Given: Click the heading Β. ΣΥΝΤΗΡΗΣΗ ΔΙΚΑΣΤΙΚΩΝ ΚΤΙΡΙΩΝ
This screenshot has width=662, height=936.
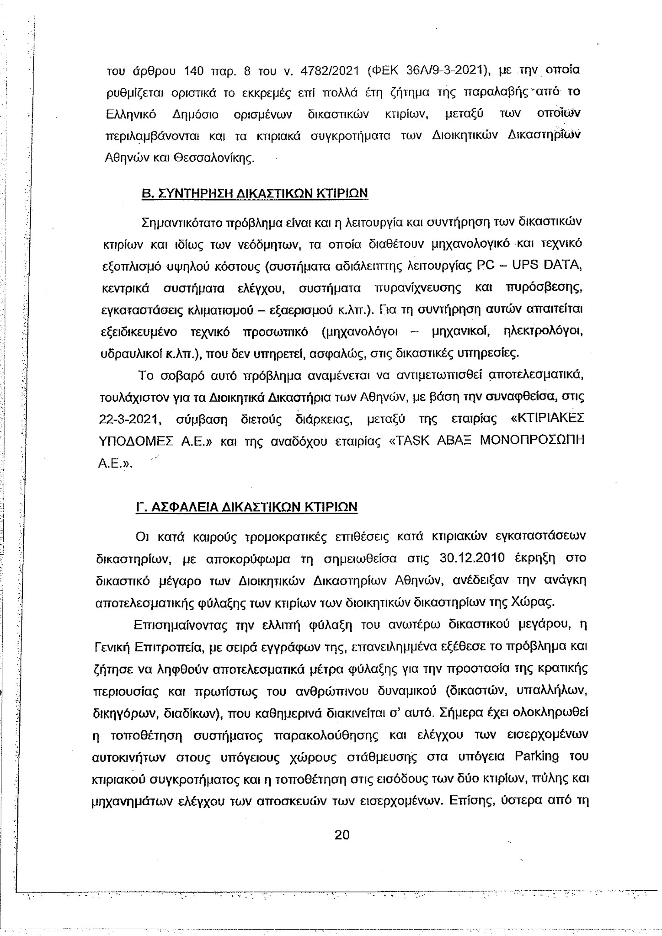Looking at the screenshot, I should click(254, 193).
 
